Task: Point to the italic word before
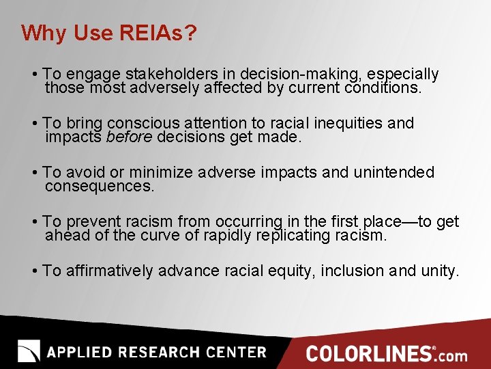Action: point(130,137)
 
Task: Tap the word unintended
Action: point(393,172)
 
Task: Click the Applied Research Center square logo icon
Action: point(29,351)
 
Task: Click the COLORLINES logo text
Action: point(368,353)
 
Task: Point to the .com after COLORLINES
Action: point(452,355)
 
